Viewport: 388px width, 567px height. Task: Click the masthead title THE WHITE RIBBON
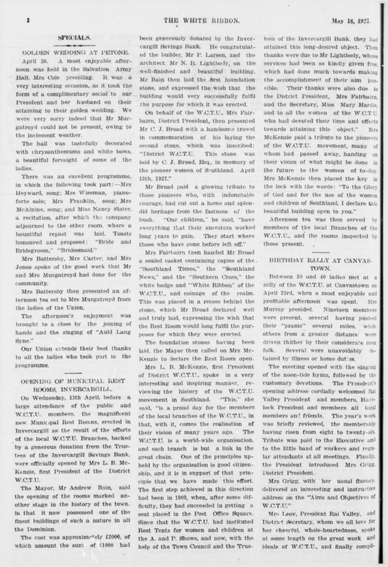202,21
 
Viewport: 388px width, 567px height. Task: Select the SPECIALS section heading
74,36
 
